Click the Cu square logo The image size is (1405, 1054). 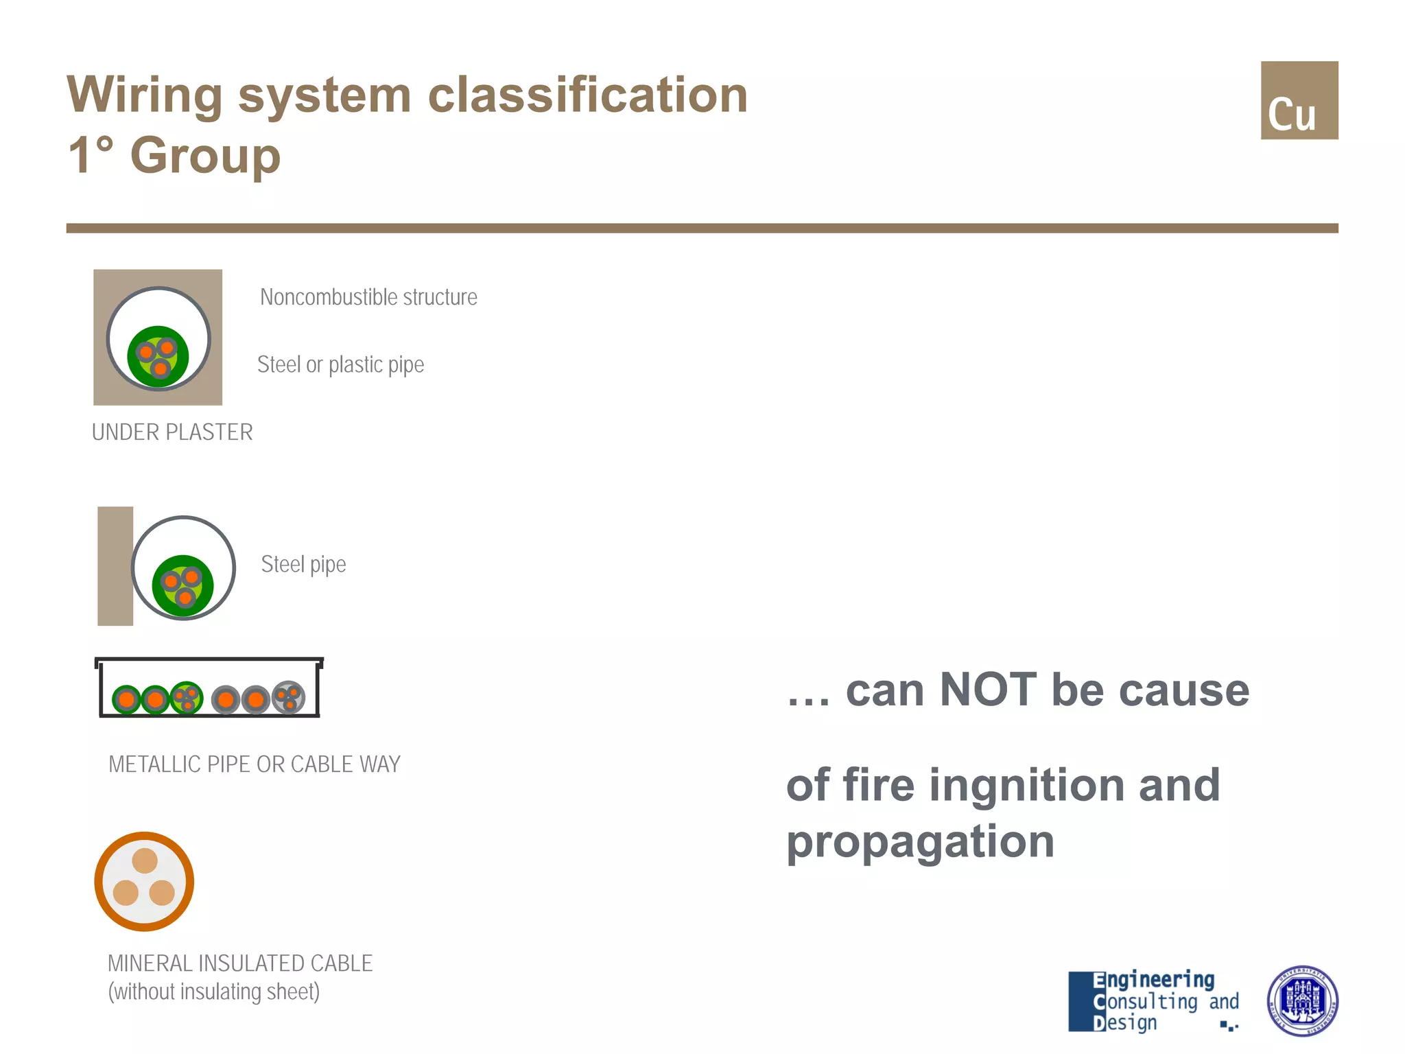pyautogui.click(x=1299, y=100)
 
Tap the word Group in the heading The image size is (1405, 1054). pyautogui.click(x=205, y=155)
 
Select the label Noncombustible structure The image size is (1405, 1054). pyautogui.click(x=368, y=297)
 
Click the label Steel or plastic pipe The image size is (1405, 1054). pyautogui.click(x=340, y=364)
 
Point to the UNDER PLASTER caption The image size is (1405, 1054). pyautogui.click(x=172, y=432)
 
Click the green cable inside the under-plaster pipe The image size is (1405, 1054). pyautogui.click(x=158, y=357)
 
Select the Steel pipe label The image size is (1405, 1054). pyautogui.click(x=303, y=564)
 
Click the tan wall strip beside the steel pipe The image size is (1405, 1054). pyautogui.click(x=115, y=566)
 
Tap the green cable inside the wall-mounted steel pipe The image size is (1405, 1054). pyautogui.click(x=182, y=585)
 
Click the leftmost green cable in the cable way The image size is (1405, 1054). pyautogui.click(x=126, y=700)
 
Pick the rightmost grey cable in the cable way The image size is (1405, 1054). pyautogui.click(x=289, y=698)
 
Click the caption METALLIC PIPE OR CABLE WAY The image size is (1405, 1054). pyautogui.click(x=254, y=764)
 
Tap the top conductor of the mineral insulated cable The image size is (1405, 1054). pyautogui.click(x=145, y=860)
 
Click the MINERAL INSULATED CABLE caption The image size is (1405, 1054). pyautogui.click(x=239, y=963)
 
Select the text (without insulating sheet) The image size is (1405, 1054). pyautogui.click(x=213, y=992)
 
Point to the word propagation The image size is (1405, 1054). pyautogui.click(x=920, y=842)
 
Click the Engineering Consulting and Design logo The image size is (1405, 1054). pyautogui.click(x=1153, y=1001)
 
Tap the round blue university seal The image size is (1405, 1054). pyautogui.click(x=1301, y=1001)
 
